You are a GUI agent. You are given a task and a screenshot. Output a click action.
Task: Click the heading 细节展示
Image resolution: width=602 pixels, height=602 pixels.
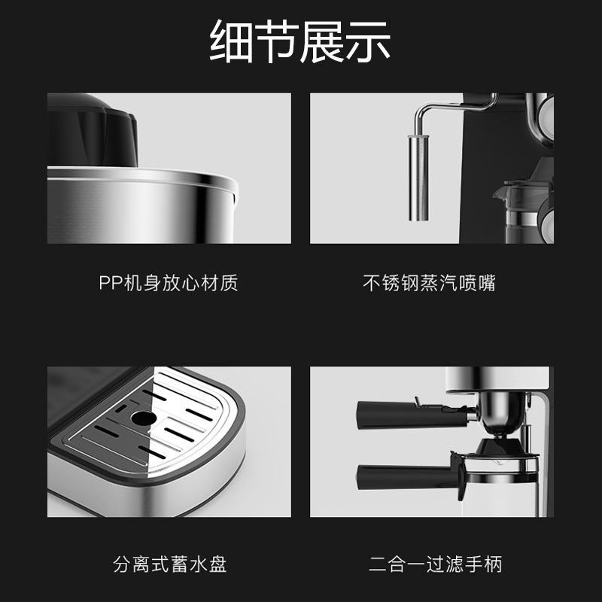[x=299, y=41]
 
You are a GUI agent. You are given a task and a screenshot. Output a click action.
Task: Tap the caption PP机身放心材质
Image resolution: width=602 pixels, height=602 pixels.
[x=169, y=283]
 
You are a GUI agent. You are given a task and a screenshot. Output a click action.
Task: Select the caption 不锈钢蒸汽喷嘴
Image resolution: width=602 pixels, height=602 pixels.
[x=429, y=283]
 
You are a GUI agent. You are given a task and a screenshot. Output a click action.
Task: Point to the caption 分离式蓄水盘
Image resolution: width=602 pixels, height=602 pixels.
[x=170, y=564]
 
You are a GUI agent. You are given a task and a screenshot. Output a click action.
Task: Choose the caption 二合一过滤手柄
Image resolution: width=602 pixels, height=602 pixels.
[x=436, y=564]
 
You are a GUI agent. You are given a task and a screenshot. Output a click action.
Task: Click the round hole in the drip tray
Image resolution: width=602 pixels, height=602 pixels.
[x=144, y=418]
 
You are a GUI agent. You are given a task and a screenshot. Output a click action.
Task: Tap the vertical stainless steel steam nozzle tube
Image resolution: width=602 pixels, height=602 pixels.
[x=418, y=178]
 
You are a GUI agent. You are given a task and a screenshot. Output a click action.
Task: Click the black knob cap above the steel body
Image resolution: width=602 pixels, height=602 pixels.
[x=92, y=129]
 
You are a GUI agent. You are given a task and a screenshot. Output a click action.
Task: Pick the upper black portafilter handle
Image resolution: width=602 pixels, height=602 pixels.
[x=412, y=415]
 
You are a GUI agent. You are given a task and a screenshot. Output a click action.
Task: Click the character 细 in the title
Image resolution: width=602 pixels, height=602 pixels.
[x=231, y=41]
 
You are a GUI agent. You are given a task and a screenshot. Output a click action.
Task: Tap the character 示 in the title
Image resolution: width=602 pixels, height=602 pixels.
[x=369, y=41]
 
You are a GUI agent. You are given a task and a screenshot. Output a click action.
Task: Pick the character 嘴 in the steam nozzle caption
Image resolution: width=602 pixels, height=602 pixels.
[x=487, y=283]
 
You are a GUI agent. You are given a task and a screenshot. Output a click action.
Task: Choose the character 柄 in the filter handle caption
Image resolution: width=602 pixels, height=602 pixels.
[x=494, y=564]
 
